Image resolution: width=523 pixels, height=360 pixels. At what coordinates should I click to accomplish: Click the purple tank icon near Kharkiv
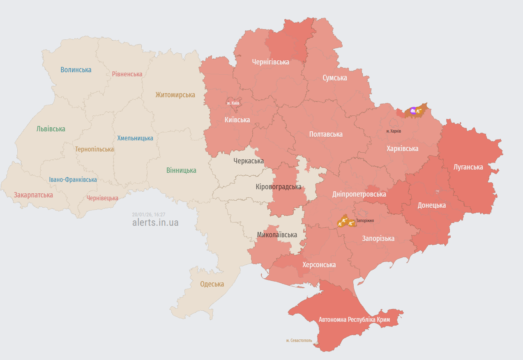[413, 110]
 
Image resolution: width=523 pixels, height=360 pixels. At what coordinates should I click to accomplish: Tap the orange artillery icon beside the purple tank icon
[419, 110]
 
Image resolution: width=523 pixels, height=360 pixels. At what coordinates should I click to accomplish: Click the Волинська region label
[76, 70]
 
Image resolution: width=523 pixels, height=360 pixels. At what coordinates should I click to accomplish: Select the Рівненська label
[127, 74]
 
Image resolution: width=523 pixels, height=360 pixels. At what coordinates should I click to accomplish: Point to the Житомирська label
[175, 95]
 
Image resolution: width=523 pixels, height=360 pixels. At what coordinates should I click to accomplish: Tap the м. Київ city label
[233, 103]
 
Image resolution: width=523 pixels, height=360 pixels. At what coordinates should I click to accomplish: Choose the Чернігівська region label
[270, 62]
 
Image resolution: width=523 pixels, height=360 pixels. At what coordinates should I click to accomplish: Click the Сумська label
[334, 78]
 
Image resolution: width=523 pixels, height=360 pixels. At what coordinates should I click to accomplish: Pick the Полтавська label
[325, 134]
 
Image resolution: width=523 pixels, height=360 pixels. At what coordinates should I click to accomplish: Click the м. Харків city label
[394, 131]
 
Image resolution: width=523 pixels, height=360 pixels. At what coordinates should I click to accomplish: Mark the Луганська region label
[468, 167]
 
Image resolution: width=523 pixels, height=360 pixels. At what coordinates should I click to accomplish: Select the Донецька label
[431, 205]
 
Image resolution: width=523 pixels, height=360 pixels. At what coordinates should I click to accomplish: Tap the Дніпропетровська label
[359, 194]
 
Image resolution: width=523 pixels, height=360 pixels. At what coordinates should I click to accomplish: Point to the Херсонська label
[319, 265]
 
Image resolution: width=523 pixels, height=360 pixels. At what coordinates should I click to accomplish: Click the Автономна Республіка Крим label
[354, 319]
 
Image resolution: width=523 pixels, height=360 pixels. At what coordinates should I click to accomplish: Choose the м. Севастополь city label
[299, 341]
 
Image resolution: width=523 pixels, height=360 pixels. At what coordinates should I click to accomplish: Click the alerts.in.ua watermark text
[155, 222]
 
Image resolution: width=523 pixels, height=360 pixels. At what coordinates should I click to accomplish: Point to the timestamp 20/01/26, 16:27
[148, 215]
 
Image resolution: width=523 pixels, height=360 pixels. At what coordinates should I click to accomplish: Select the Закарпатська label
[33, 195]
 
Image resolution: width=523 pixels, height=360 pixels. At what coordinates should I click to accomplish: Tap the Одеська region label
[212, 284]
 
